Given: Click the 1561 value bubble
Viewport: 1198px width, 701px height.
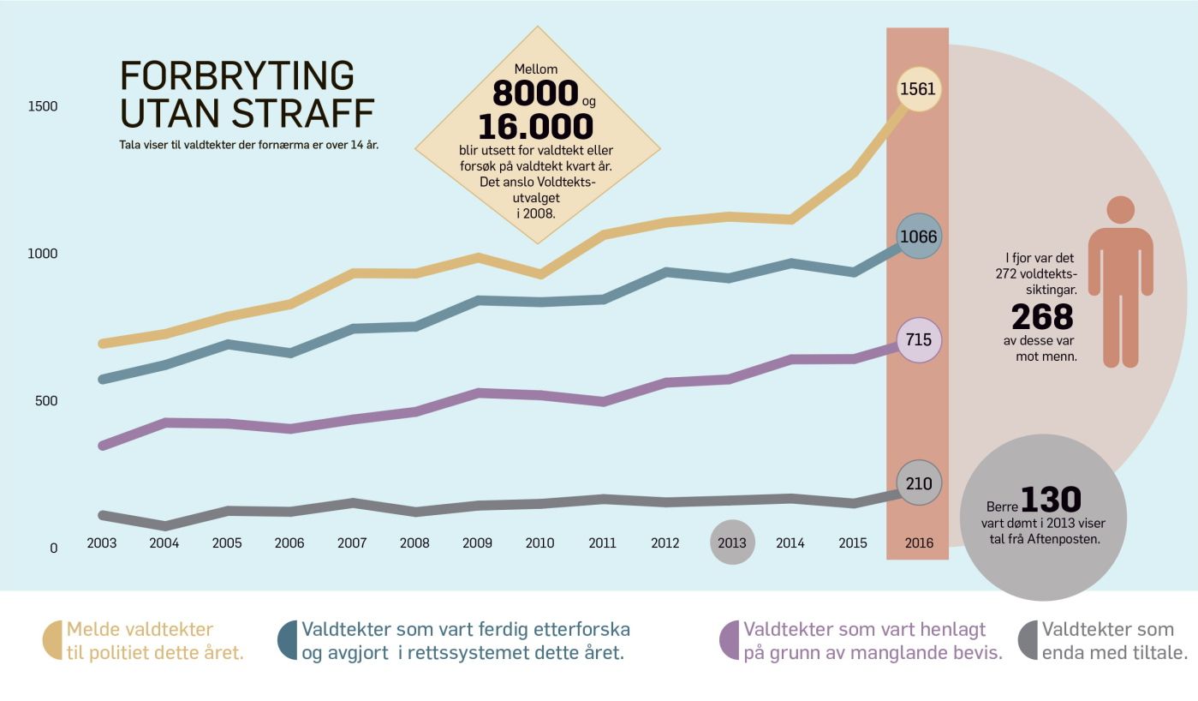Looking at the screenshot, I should click(919, 89).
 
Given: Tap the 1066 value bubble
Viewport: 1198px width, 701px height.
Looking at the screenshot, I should click(919, 236).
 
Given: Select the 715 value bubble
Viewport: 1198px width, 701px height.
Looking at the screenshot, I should click(919, 339).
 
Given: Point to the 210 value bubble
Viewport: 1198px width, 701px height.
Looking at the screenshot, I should click(919, 483).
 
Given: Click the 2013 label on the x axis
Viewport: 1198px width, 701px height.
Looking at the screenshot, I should click(732, 542).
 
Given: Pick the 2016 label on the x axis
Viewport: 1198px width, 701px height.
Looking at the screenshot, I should click(919, 542).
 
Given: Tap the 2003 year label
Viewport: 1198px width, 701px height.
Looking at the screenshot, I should click(102, 542).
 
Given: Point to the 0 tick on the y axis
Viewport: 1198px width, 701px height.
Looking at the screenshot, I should click(53, 548).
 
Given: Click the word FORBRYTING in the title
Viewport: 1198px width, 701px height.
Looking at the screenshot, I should click(237, 76).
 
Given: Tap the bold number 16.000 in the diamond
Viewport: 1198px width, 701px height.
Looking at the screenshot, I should click(535, 126).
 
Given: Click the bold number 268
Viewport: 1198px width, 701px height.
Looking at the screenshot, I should click(1042, 317).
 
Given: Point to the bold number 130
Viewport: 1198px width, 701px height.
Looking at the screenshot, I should click(1051, 500).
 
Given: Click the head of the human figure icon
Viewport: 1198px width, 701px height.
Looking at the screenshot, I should click(1120, 210).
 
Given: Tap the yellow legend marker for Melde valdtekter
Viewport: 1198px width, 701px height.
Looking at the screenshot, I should click(53, 640).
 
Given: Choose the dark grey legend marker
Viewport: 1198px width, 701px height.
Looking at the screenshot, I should click(1028, 640).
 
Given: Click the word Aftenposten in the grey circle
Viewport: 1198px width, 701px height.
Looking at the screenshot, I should click(1066, 539).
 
